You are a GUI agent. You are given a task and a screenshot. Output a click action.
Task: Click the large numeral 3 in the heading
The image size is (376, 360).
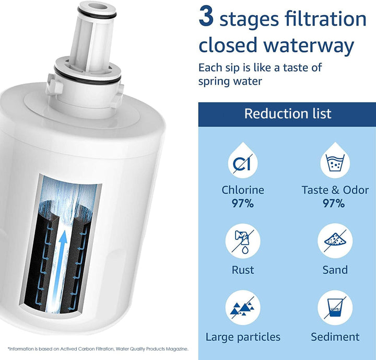pos(206,16)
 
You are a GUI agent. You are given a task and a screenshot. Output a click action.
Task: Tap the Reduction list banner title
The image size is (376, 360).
pos(288,113)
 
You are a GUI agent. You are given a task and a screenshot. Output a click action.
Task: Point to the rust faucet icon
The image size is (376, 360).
pos(243,241)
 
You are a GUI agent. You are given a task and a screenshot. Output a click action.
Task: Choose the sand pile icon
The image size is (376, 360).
pos(335,241)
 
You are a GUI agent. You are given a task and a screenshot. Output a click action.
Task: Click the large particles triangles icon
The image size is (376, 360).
pos(243,307)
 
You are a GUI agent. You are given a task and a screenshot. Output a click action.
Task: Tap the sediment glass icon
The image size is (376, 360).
pos(335,307)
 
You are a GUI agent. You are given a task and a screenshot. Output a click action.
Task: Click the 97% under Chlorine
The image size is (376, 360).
pos(243,204)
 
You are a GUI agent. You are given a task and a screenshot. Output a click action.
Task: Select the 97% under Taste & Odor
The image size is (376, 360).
pos(334,204)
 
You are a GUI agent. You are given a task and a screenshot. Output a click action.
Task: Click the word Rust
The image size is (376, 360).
pos(243,270)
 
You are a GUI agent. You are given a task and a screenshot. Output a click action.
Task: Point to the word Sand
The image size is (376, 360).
pos(335,270)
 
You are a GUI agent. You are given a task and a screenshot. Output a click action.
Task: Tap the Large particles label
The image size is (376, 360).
pos(243,337)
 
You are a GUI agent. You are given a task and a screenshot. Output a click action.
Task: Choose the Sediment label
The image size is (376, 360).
pos(335,336)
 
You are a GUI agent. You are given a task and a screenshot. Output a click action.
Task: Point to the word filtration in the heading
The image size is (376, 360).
pos(325,19)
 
